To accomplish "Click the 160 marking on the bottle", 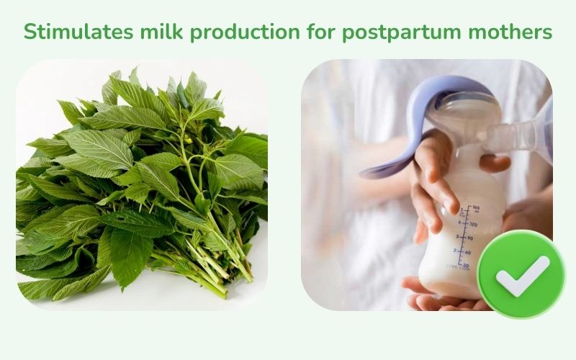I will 474,210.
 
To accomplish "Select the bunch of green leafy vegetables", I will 137,187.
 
